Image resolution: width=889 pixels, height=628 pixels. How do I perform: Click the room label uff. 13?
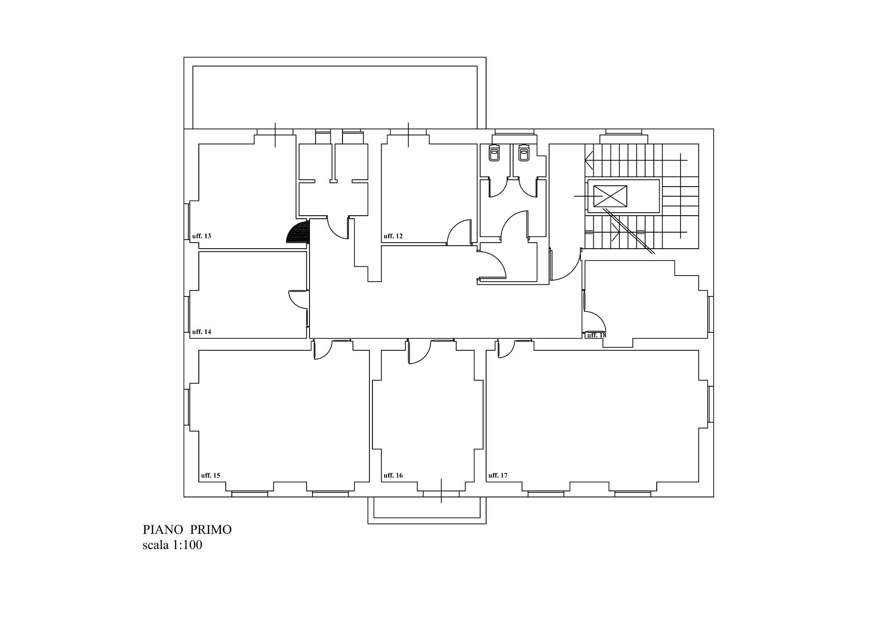point(201,236)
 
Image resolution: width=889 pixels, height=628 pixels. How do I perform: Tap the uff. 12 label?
point(393,236)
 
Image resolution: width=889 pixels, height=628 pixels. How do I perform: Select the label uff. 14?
point(201,332)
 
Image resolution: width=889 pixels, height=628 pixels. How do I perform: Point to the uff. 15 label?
point(211,475)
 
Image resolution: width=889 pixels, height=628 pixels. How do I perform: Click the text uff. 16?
point(393,475)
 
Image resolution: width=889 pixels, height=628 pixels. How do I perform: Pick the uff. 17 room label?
point(498,475)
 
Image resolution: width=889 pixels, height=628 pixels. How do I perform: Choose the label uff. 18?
point(596,335)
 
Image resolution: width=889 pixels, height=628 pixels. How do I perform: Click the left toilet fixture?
point(494,153)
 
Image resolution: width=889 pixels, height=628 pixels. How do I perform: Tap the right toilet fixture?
point(524,153)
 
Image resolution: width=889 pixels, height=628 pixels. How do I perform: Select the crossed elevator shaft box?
point(610,196)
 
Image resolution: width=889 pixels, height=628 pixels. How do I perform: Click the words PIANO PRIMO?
point(187,530)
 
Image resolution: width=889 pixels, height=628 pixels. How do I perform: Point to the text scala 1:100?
point(172,545)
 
